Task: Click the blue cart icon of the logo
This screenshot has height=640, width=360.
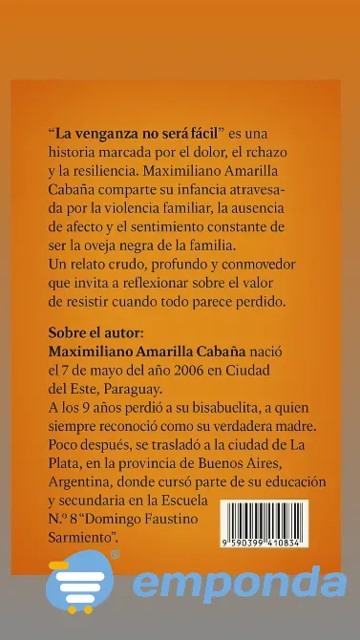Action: [78, 582]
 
